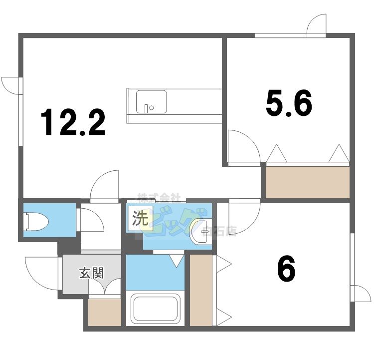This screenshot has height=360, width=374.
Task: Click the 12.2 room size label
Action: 73,123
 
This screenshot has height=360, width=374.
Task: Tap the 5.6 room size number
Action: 289,104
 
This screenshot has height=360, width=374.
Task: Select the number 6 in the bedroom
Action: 286,270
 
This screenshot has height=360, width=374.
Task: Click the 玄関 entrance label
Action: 91,274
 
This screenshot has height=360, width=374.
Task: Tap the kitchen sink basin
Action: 151,102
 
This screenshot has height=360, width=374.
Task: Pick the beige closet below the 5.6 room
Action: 307,182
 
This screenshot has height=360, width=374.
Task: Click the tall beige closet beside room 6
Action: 201,290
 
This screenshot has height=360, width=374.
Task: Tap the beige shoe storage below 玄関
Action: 105,313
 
